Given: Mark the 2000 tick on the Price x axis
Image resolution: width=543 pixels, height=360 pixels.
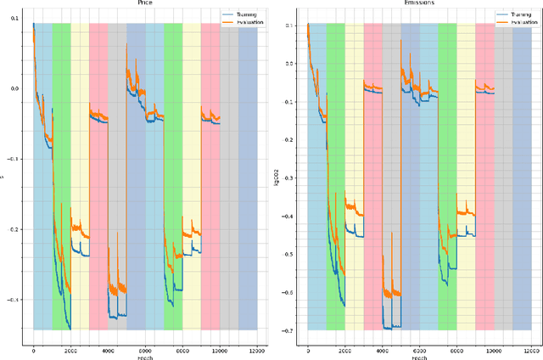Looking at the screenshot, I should [70, 349].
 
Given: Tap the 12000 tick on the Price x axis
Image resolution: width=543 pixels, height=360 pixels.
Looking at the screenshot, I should [257, 349].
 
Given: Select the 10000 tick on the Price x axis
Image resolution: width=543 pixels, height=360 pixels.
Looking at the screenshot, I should [220, 349].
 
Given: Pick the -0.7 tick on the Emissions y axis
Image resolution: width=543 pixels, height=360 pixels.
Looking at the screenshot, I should [288, 330].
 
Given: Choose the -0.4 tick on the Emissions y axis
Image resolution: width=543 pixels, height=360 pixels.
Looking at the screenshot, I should [288, 217].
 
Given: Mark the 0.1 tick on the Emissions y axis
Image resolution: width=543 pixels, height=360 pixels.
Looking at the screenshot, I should [289, 25].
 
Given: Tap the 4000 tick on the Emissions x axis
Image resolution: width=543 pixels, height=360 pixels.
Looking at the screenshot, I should [382, 349].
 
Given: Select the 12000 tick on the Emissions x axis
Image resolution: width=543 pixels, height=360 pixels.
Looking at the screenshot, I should [531, 349].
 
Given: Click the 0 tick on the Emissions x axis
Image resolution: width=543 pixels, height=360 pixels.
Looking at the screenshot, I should [308, 349].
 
